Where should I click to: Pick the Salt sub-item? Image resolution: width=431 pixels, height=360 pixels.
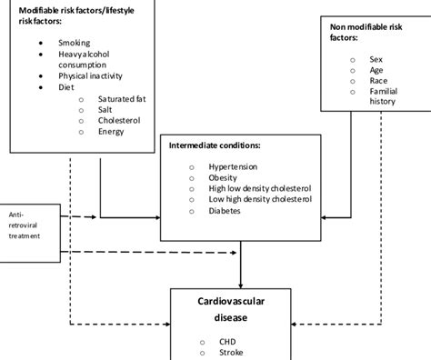click(x=107, y=109)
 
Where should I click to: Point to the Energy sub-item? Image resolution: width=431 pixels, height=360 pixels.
click(x=113, y=131)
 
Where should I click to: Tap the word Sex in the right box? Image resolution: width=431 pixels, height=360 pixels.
click(x=375, y=55)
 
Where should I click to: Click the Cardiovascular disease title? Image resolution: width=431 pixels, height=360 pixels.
click(x=239, y=307)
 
